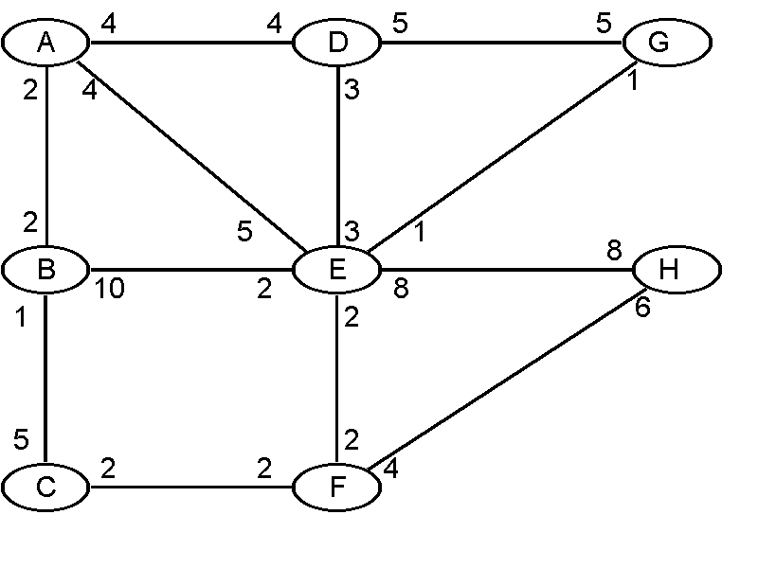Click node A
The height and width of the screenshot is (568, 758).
click(45, 42)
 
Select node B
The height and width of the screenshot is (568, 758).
click(45, 270)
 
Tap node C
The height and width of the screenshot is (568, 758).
click(45, 487)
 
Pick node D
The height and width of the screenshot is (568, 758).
click(337, 43)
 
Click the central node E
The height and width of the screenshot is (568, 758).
click(336, 270)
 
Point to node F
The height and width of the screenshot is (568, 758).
click(336, 487)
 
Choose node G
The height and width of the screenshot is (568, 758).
click(666, 43)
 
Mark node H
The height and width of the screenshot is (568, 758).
click(676, 270)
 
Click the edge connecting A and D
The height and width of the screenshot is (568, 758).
click(189, 43)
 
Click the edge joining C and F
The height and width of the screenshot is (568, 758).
click(189, 488)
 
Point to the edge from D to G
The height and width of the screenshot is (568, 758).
click(502, 43)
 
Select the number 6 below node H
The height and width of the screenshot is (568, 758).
click(642, 309)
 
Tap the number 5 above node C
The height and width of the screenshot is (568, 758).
click(21, 439)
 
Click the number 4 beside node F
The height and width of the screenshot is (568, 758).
click(390, 467)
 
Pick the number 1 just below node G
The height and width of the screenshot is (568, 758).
click(630, 82)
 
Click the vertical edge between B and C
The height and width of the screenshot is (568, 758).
click(45, 379)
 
